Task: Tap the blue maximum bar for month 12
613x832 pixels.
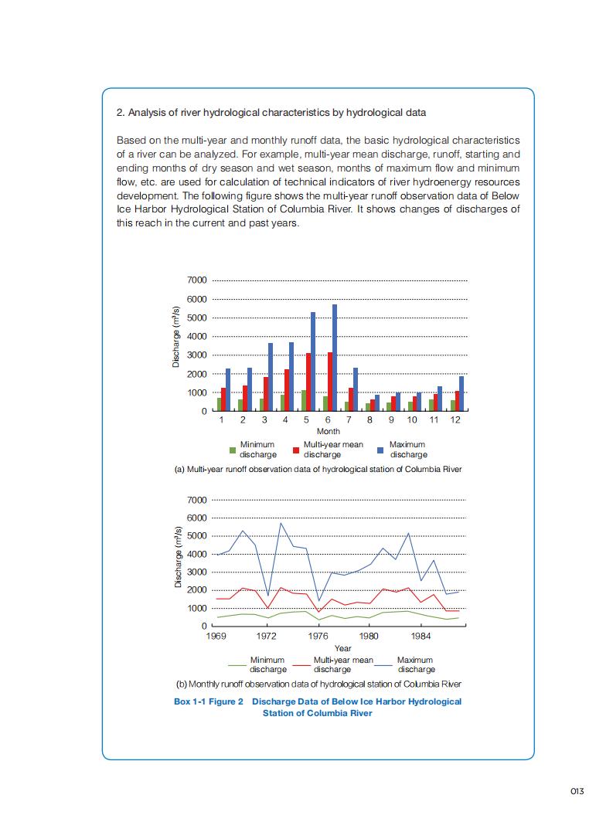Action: (461, 393)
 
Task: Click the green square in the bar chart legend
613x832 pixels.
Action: (232, 450)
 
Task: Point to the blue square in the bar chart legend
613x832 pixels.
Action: (380, 450)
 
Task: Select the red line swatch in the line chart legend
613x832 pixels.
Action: (302, 665)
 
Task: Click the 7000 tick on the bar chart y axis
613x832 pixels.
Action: (196, 280)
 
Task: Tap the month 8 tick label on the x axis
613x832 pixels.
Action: (370, 420)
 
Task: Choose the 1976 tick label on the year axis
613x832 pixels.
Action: (318, 636)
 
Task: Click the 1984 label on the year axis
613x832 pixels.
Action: (421, 636)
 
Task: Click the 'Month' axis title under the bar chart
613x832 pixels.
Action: (329, 432)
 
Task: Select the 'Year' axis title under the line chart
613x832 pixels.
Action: (343, 648)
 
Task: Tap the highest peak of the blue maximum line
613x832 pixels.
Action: (281, 523)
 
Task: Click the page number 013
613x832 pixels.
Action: (577, 791)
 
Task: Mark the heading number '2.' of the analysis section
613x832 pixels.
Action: (121, 113)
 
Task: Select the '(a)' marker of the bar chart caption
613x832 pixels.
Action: (180, 469)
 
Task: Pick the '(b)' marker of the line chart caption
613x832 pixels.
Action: (182, 684)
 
